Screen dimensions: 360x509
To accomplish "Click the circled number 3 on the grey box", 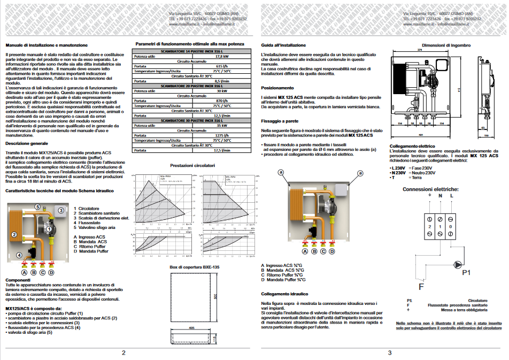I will click(x=61, y=211).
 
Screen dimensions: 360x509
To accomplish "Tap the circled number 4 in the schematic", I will click(x=19, y=255).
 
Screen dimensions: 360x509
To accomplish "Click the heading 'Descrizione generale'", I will click(x=26, y=144).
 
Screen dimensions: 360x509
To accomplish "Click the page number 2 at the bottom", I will click(x=124, y=353).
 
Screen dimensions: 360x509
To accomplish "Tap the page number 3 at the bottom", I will click(x=390, y=353).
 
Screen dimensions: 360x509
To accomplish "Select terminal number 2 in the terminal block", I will click(x=429, y=226).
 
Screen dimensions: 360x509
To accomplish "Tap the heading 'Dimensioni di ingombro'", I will click(x=445, y=45).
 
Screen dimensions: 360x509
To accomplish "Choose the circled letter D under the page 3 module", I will click(x=331, y=250).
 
